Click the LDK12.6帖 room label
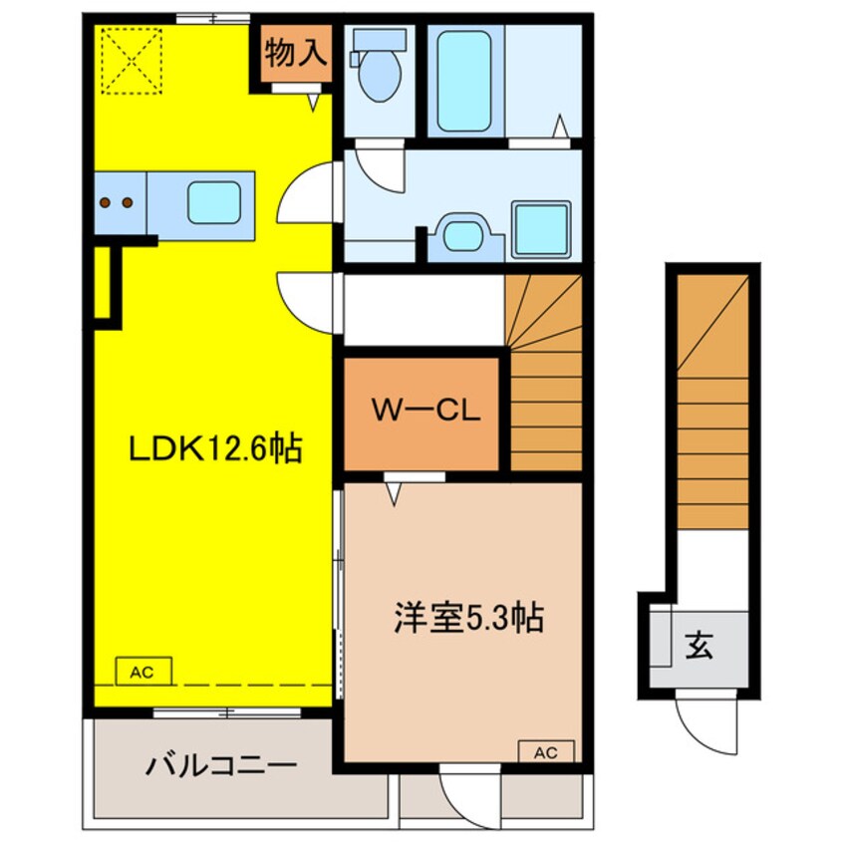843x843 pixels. (x=215, y=448)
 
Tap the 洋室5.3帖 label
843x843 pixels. (x=468, y=618)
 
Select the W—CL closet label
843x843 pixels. (x=425, y=411)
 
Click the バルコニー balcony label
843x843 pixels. (x=221, y=764)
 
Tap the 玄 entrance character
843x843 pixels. (x=699, y=645)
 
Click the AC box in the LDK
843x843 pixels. (x=144, y=671)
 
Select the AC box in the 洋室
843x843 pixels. (x=546, y=751)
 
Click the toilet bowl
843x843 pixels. (x=379, y=76)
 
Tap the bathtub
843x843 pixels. (x=464, y=81)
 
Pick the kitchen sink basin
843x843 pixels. (x=214, y=202)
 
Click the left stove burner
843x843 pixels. (x=106, y=202)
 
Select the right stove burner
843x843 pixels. (x=128, y=202)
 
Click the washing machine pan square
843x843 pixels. (x=541, y=228)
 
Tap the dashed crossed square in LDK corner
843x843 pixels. (x=132, y=61)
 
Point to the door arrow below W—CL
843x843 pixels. (x=394, y=494)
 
